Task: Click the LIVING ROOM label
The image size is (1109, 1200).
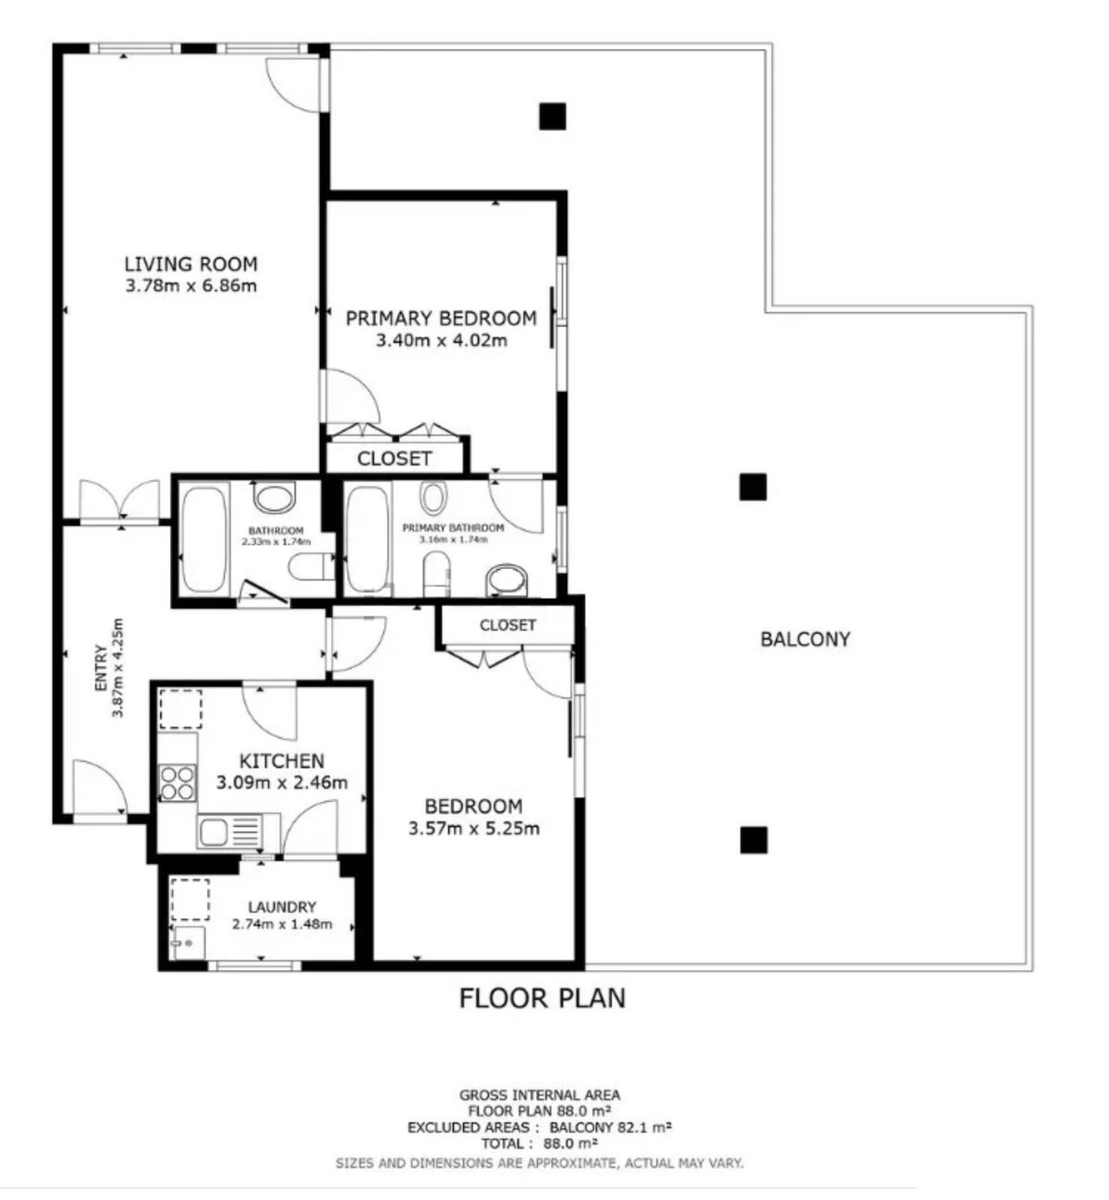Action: (x=190, y=264)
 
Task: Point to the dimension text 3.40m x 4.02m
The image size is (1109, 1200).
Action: (x=441, y=340)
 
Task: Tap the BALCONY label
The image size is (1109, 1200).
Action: (x=805, y=639)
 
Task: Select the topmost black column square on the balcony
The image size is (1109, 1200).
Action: (x=553, y=115)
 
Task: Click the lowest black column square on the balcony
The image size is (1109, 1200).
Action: (x=753, y=840)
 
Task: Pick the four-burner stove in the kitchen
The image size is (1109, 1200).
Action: (x=177, y=783)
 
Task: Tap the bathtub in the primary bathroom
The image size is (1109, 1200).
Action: (x=367, y=539)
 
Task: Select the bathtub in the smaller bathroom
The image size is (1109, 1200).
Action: (x=203, y=539)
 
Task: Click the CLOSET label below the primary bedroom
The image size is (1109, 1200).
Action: (x=394, y=458)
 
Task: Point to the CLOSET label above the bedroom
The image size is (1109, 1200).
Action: (x=507, y=625)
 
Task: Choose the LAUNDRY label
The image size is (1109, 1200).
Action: (x=281, y=907)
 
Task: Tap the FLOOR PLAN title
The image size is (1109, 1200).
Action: (x=542, y=999)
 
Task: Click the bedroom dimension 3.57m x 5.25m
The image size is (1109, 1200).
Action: (x=473, y=829)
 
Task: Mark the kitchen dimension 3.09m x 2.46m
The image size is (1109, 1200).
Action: (x=282, y=783)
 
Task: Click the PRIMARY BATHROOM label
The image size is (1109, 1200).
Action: (x=453, y=527)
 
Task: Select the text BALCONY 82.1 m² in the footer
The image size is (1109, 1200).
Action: (x=610, y=1128)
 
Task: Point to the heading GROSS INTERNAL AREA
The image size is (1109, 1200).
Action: (x=540, y=1096)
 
